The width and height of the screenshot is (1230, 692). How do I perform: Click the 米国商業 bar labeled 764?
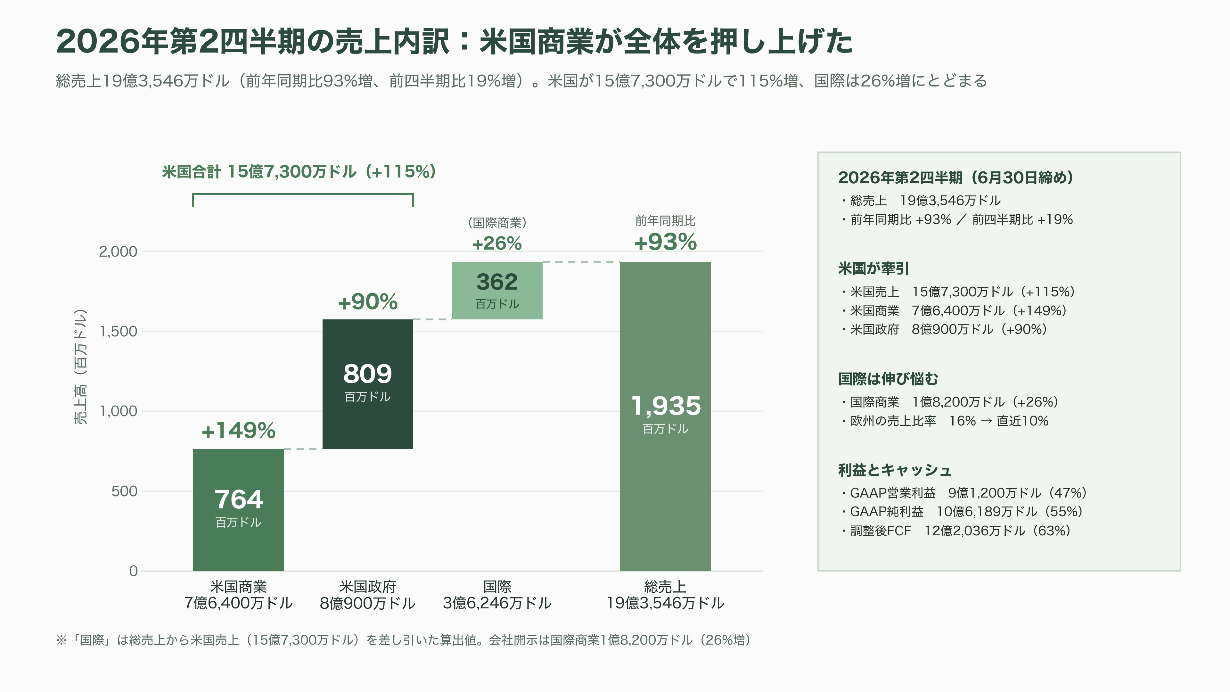tap(238, 510)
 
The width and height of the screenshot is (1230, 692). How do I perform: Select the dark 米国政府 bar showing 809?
tap(368, 384)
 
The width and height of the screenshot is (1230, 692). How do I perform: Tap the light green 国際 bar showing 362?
tap(497, 290)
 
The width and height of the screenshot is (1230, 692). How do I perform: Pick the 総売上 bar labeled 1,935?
tap(665, 416)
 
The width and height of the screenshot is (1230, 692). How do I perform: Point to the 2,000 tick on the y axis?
tap(118, 251)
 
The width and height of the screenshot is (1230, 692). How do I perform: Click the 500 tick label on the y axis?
tap(124, 491)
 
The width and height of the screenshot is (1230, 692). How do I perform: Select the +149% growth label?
tap(238, 430)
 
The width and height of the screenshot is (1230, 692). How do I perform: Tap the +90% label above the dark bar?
tap(368, 301)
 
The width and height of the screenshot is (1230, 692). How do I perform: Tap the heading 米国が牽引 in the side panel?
tap(873, 268)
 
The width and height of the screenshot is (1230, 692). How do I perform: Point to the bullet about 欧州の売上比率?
tap(945, 421)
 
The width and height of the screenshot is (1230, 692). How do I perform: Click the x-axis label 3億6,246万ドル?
tap(497, 603)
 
